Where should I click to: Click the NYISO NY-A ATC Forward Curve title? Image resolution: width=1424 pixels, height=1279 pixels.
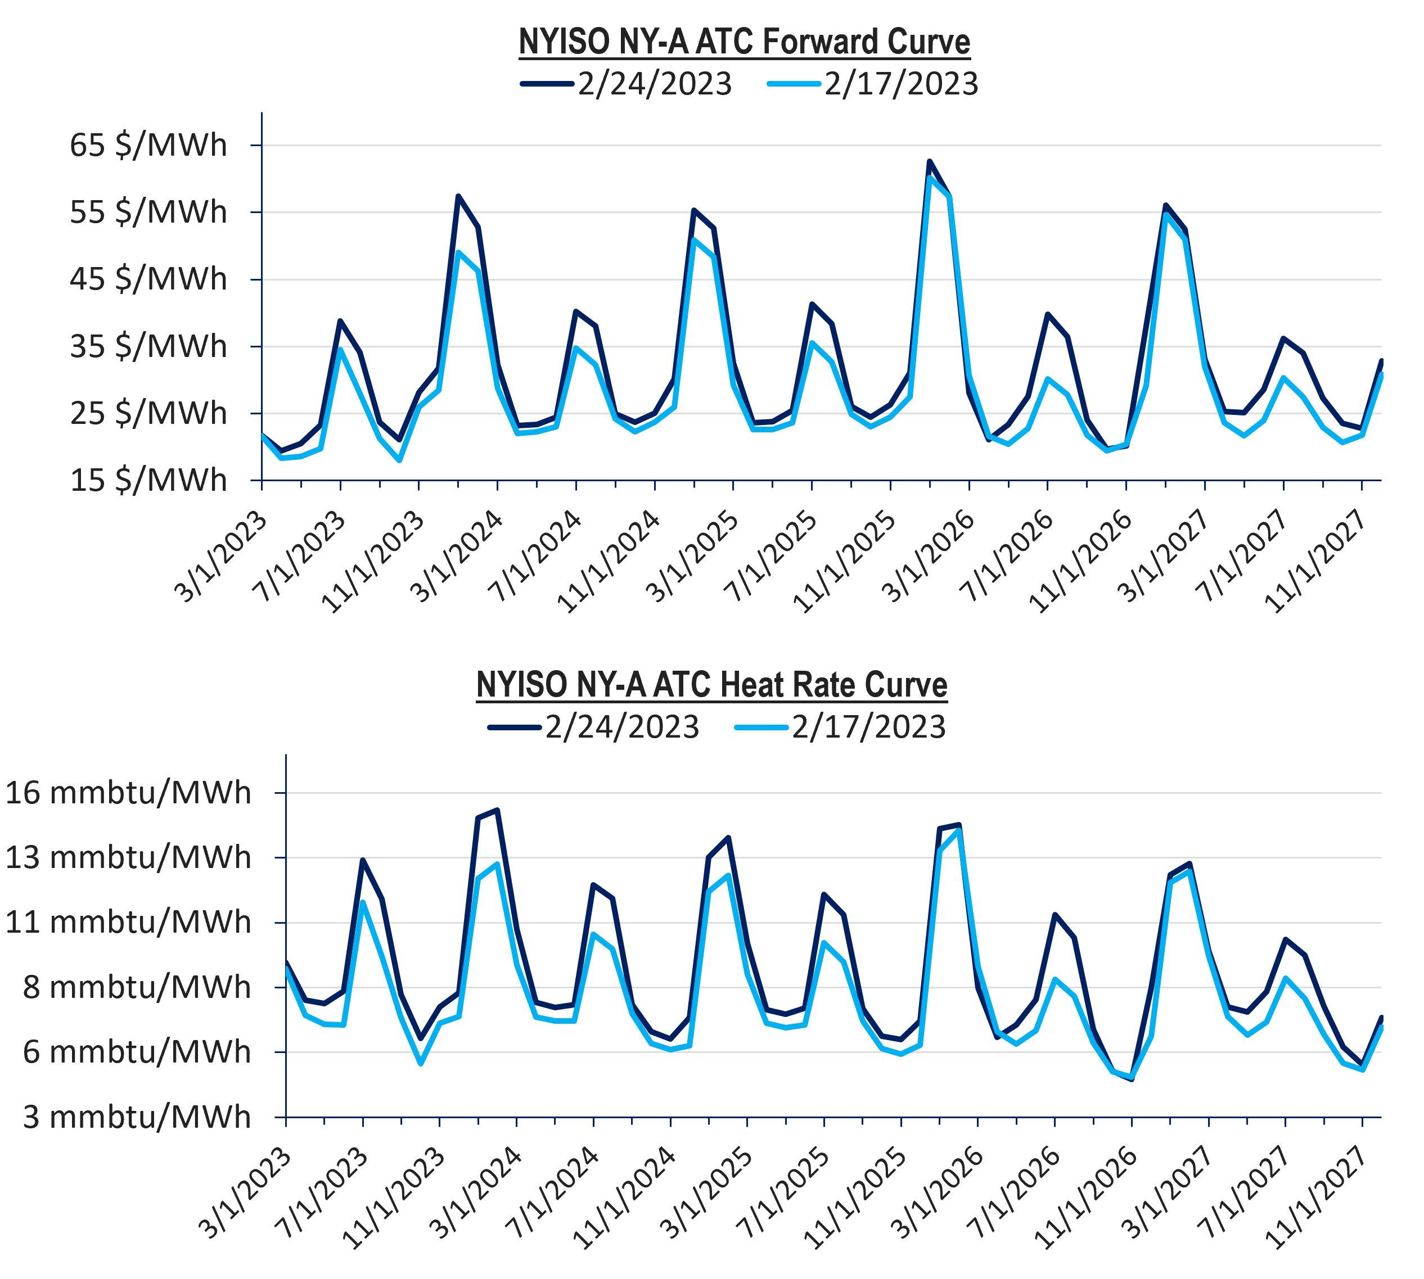click(x=744, y=42)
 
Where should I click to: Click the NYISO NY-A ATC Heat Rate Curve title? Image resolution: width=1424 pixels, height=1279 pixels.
click(x=711, y=685)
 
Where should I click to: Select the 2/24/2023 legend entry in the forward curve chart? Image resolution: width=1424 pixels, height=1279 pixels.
click(x=625, y=84)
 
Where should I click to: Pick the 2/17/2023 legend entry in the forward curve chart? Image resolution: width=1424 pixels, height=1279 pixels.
click(x=872, y=84)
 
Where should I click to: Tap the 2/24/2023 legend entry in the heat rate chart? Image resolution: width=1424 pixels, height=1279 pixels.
click(x=593, y=726)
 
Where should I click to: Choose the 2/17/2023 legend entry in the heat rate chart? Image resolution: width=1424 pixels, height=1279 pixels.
click(x=840, y=726)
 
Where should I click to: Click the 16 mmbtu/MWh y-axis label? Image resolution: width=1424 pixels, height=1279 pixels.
click(x=128, y=793)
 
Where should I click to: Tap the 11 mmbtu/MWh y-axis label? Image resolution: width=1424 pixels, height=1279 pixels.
click(x=128, y=922)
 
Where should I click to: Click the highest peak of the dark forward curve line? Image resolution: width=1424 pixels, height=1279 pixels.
click(x=930, y=162)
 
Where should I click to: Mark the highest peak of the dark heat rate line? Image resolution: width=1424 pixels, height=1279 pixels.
click(x=498, y=810)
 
